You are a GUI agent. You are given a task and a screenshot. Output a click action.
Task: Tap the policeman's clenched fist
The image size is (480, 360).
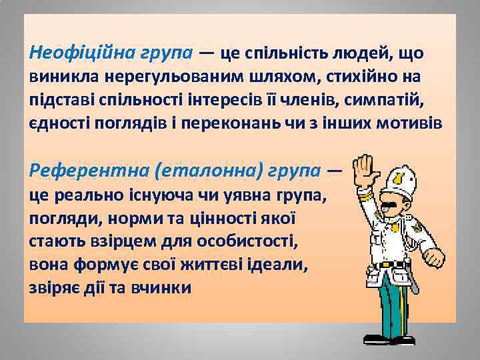[434, 257]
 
